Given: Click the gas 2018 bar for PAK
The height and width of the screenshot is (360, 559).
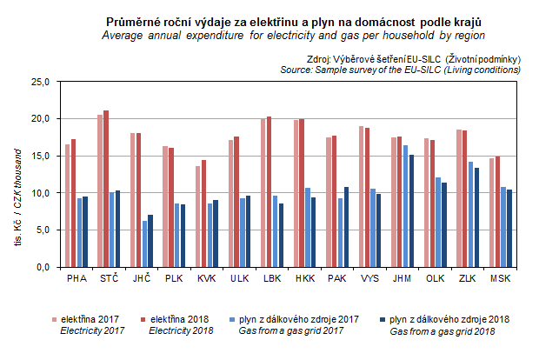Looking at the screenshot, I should tap(346, 227).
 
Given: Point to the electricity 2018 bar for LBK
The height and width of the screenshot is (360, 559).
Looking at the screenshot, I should tap(269, 191).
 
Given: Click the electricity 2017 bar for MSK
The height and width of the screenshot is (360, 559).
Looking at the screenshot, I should tap(491, 212).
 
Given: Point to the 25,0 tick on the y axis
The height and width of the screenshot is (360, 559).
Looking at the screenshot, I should tap(41, 82).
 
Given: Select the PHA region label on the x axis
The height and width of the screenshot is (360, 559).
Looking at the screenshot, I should tap(77, 278).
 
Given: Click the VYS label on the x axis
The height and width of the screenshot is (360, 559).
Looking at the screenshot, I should tap(370, 278).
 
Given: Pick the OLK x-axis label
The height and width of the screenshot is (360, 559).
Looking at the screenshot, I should tap(436, 278).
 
